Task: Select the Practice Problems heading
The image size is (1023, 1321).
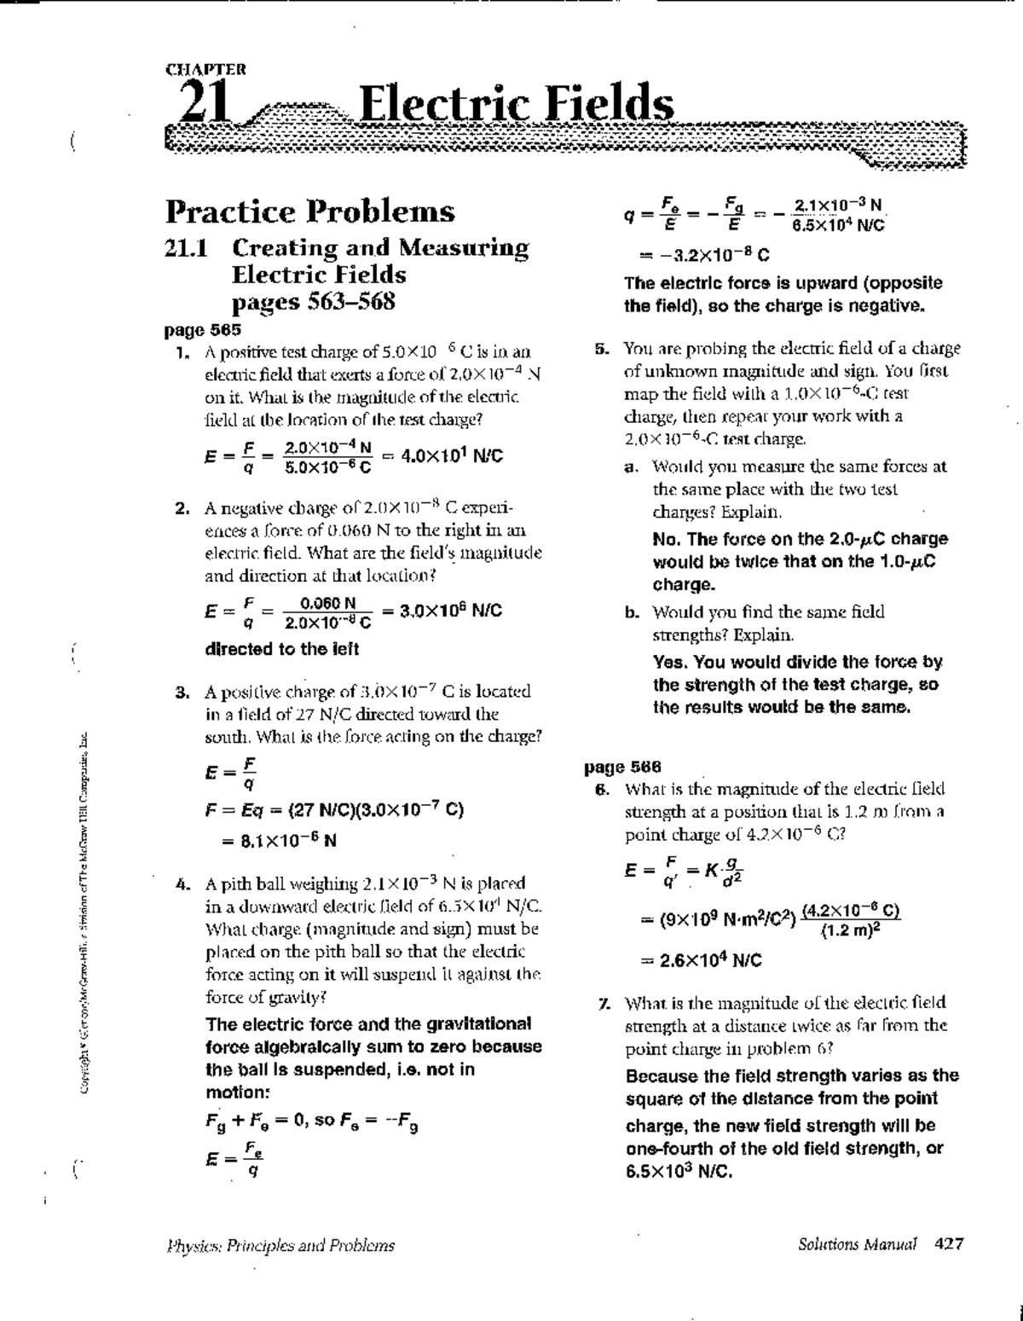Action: pyautogui.click(x=309, y=211)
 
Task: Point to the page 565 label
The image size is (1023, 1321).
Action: pyautogui.click(x=202, y=329)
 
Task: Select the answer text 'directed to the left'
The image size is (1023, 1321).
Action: pyautogui.click(x=281, y=649)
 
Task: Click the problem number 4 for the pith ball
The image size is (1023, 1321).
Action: pyautogui.click(x=181, y=884)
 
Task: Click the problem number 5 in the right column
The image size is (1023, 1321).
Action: pyautogui.click(x=600, y=349)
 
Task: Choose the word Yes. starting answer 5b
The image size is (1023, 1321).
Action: pyautogui.click(x=671, y=662)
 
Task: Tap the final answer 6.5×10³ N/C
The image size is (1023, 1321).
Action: pyautogui.click(x=679, y=1171)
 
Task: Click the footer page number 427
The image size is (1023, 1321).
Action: pyautogui.click(x=949, y=1244)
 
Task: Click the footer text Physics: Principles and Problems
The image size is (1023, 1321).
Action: pyautogui.click(x=280, y=1245)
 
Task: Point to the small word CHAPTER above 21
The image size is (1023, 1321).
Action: pyautogui.click(x=205, y=69)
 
